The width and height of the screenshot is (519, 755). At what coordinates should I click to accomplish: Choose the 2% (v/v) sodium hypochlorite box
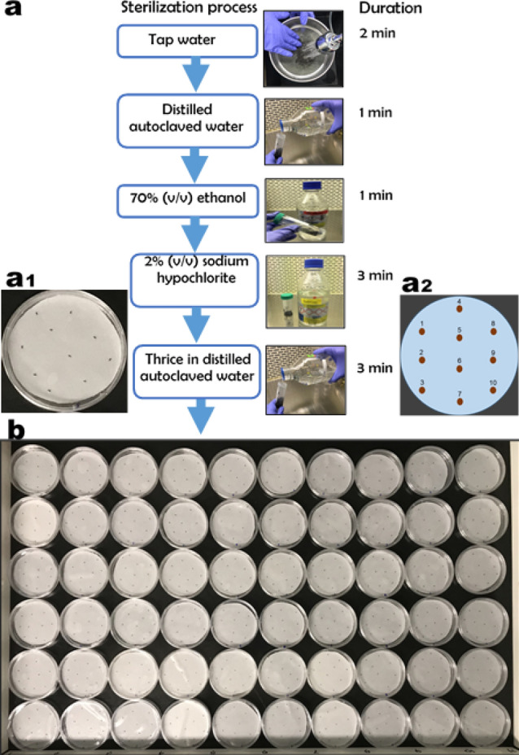coord(194,279)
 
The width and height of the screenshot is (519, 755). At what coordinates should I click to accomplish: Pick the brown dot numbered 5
coord(460,338)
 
